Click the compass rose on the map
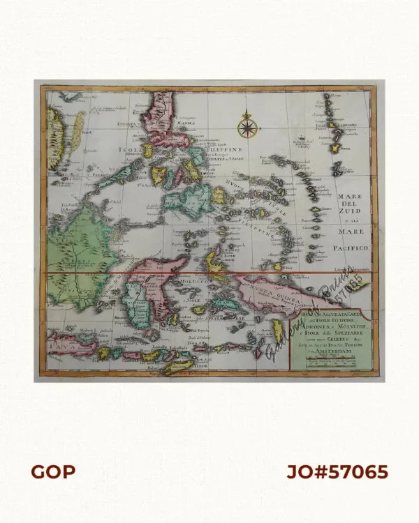click(247, 127)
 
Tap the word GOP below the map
click(53, 472)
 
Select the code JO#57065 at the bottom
click(337, 472)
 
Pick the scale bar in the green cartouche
click(325, 362)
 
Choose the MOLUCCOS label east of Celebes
click(192, 279)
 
